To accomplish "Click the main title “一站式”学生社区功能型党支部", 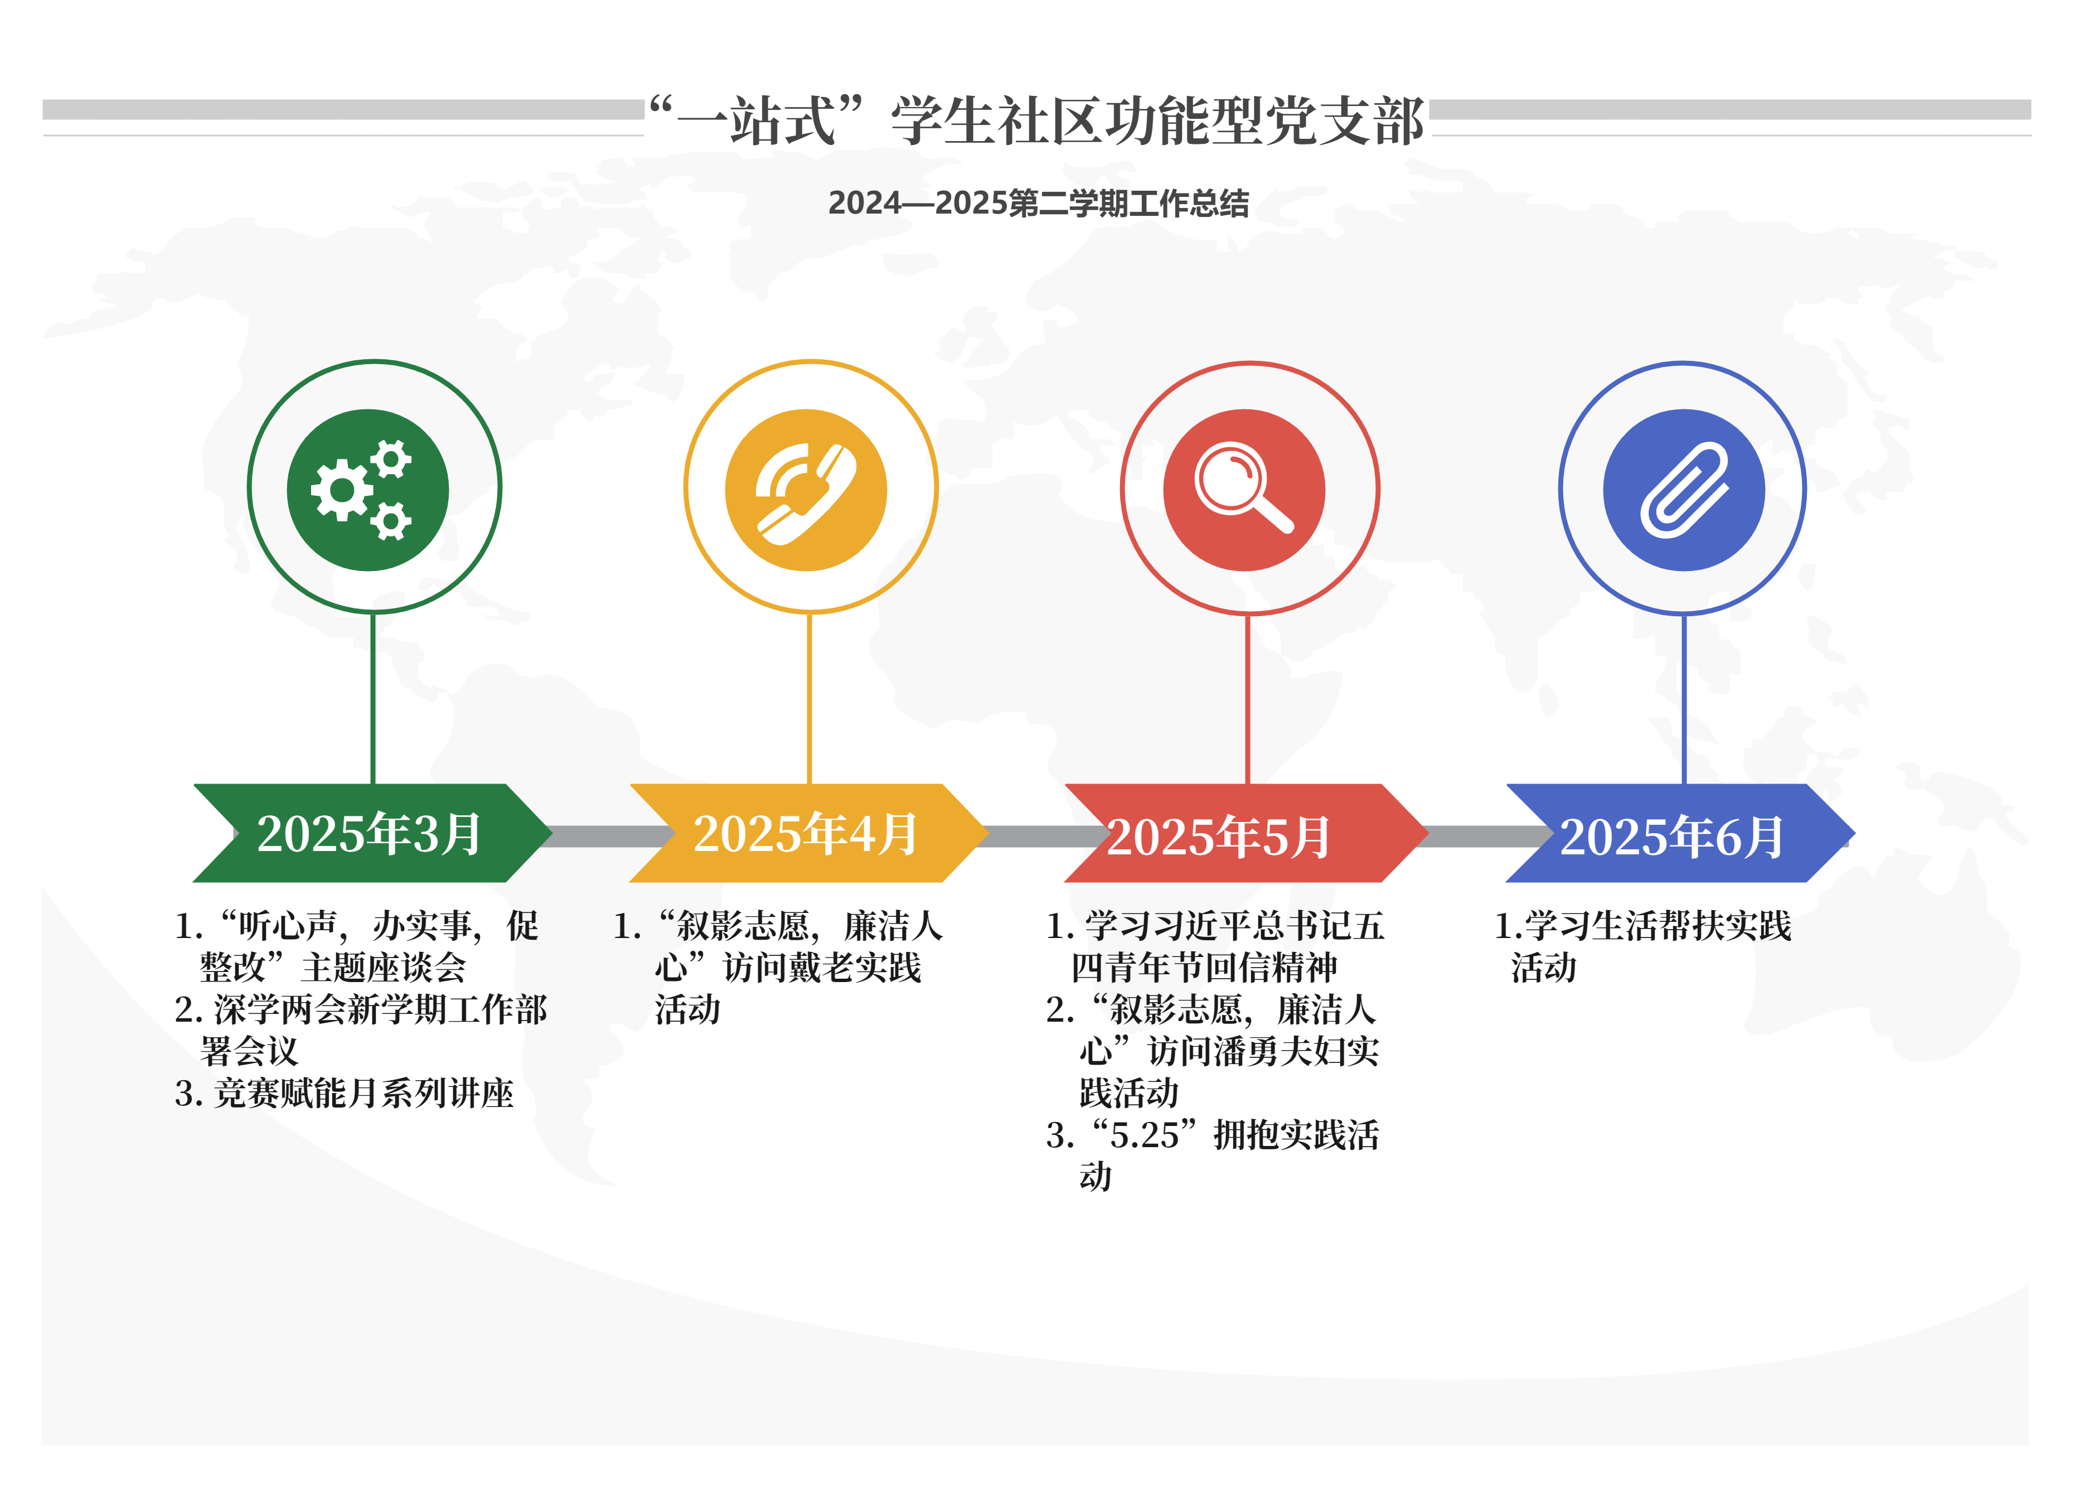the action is (x=1036, y=120).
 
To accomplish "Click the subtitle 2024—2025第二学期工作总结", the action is (x=1038, y=203).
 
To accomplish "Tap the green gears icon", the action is (x=367, y=489).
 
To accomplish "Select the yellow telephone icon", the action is (x=806, y=489).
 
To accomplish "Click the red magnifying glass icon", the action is (x=1244, y=489).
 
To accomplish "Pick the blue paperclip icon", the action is (x=1684, y=489).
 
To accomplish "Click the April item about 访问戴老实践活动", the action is (x=777, y=968).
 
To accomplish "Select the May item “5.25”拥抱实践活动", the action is (x=1213, y=1155).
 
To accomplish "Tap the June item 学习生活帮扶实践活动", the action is (x=1642, y=946).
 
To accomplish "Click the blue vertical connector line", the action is (x=1684, y=699).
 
